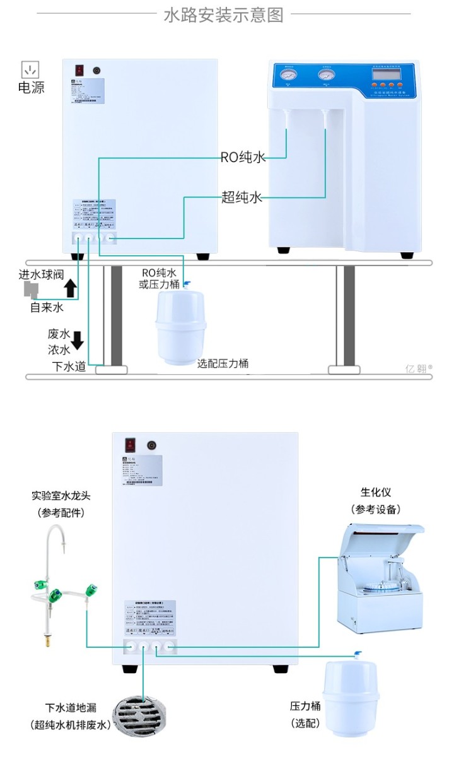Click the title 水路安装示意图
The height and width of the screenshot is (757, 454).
[223, 15]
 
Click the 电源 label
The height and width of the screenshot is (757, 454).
[31, 88]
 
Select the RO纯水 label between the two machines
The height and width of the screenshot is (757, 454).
[243, 157]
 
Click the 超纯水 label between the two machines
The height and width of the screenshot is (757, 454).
[242, 197]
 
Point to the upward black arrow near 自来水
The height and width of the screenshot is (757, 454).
[71, 288]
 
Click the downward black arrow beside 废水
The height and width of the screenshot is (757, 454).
[78, 340]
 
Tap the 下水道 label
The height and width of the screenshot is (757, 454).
[69, 367]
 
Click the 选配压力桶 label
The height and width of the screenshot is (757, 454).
[223, 363]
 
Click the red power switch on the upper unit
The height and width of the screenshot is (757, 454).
[79, 71]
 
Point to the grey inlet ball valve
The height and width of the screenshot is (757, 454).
[30, 290]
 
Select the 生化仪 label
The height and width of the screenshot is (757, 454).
[376, 492]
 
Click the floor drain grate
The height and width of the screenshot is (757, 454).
[137, 719]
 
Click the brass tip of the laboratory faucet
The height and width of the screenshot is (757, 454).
[45, 641]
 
